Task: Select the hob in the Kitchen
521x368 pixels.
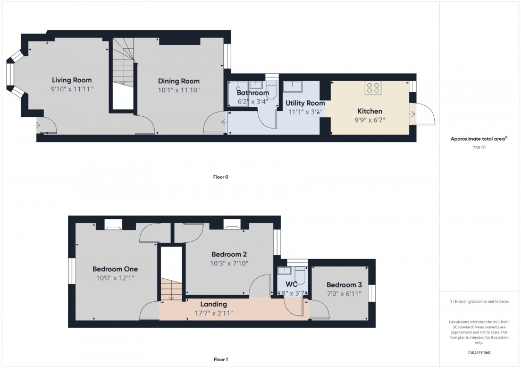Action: (372, 88)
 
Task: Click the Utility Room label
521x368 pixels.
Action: (305, 103)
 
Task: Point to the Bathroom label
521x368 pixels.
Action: (253, 93)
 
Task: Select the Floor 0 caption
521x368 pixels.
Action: (221, 177)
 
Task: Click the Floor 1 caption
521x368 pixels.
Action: (221, 360)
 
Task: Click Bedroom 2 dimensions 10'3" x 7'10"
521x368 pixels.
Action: (230, 263)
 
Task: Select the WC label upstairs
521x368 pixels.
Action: (291, 284)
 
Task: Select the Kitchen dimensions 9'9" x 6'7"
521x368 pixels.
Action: (369, 120)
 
